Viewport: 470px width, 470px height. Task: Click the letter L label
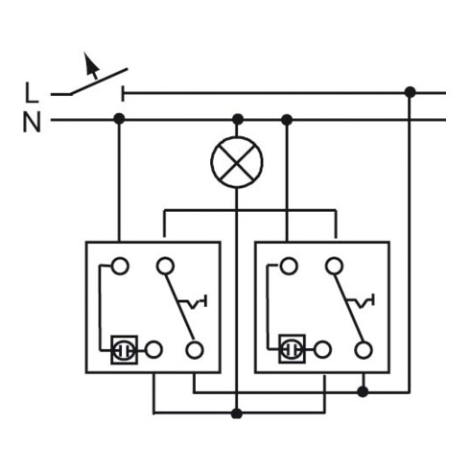pos(32,93)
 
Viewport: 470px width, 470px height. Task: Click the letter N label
pos(32,122)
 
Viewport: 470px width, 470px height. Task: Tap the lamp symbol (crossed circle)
pos(237,162)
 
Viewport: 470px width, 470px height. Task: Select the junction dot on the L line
pos(410,92)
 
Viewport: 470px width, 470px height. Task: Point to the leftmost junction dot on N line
pos(119,119)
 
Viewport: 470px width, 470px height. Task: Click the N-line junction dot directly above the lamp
pos(238,119)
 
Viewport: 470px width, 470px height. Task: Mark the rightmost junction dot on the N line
pos(287,120)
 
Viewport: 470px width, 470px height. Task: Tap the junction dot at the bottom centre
pos(237,413)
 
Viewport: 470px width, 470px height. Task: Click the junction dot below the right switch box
pos(363,391)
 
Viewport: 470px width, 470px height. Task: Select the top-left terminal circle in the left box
pos(120,267)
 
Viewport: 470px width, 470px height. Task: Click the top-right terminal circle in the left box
pos(165,266)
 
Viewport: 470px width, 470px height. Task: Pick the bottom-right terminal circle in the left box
pos(195,350)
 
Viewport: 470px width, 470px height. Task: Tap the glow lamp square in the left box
pos(125,350)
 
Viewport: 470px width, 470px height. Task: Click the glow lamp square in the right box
pos(292,349)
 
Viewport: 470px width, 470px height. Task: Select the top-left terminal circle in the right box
pos(289,266)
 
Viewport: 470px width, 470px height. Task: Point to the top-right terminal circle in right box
pos(334,266)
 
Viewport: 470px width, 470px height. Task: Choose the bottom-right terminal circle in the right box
pos(364,349)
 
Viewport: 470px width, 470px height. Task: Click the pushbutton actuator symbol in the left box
pos(193,302)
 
